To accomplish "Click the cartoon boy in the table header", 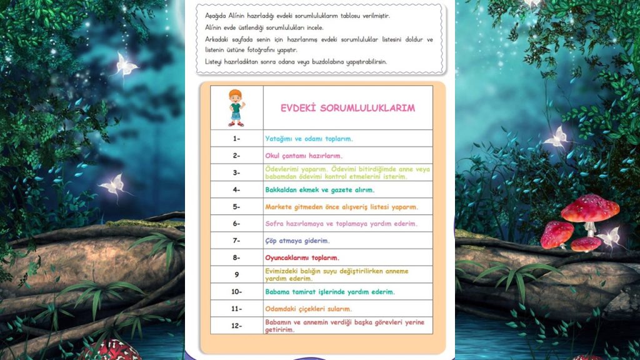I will click(236, 107).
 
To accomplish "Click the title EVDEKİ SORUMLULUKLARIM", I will click(347, 107).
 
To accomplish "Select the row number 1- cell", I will click(236, 139).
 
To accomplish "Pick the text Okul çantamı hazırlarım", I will click(304, 156).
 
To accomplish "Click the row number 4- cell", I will click(236, 189).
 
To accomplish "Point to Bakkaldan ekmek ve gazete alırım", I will click(319, 189).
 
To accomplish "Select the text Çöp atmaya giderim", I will click(297, 241).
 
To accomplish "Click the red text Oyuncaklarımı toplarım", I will click(302, 257).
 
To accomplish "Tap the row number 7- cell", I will click(236, 241).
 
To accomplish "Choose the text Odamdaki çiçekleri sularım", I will click(308, 309).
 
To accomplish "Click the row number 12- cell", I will click(236, 326).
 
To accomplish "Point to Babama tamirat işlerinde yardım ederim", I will click(329, 292).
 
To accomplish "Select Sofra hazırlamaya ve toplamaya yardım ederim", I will click(341, 224).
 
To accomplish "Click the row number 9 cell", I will click(236, 274).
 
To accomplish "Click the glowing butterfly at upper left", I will click(124, 64).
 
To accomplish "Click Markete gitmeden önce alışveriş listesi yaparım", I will click(341, 207).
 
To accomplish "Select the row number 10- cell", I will click(236, 292).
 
